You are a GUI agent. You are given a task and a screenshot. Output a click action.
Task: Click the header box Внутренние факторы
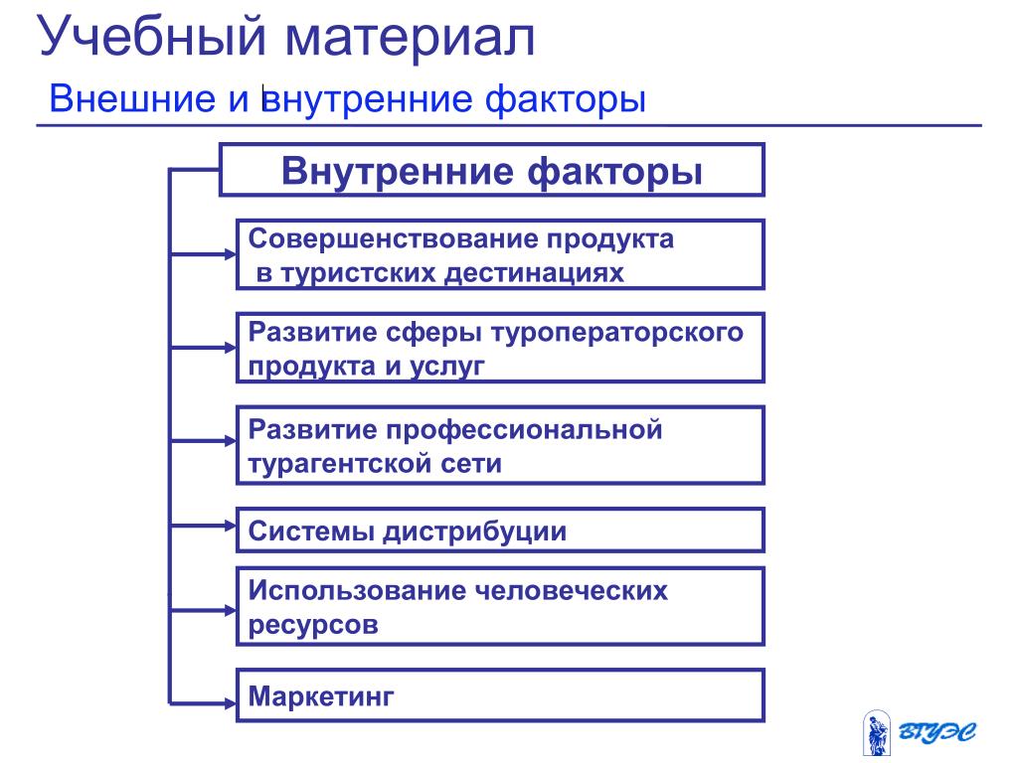pyautogui.click(x=491, y=170)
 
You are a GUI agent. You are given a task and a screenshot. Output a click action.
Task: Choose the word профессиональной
pyautogui.click(x=525, y=430)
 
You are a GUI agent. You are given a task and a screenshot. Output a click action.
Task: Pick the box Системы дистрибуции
pyautogui.click(x=499, y=531)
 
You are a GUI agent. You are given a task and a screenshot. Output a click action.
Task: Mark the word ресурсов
pyautogui.click(x=313, y=625)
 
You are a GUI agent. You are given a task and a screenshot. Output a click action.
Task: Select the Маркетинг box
pyautogui.click(x=499, y=694)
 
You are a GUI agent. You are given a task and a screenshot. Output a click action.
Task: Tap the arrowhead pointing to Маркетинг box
pyautogui.click(x=228, y=702)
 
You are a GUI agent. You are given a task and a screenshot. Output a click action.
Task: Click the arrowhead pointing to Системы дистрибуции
pyautogui.click(x=228, y=527)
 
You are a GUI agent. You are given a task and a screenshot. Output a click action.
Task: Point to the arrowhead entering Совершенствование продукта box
pyautogui.click(x=228, y=254)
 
